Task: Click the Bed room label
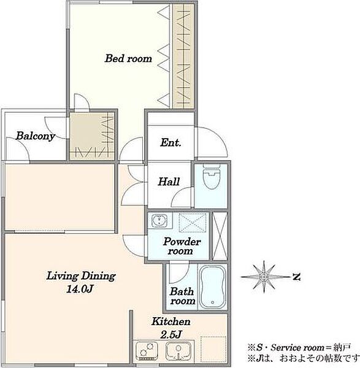click(x=128, y=58)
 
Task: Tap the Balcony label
click(x=35, y=136)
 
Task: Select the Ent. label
click(x=170, y=142)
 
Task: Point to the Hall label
click(x=169, y=182)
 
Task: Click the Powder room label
click(x=182, y=246)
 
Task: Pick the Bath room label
click(x=182, y=296)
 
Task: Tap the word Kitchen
click(x=171, y=321)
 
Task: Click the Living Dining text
click(x=81, y=276)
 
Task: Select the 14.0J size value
click(x=80, y=289)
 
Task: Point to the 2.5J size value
click(x=171, y=334)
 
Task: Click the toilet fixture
click(x=212, y=176)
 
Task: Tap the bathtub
click(x=213, y=287)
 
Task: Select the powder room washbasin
click(x=159, y=221)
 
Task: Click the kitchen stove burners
click(x=147, y=351)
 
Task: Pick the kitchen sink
click(x=178, y=351)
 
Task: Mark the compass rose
click(x=264, y=277)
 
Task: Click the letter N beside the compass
click(x=296, y=277)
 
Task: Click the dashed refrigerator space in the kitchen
click(x=213, y=349)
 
